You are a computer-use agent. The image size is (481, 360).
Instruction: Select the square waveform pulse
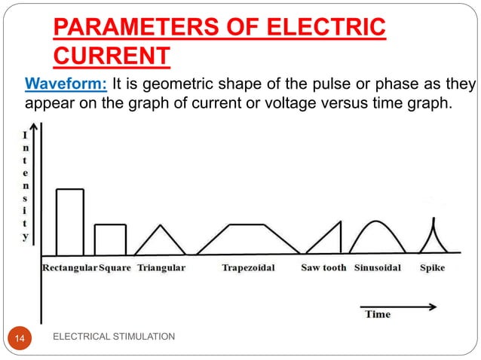pyautogui.click(x=110, y=239)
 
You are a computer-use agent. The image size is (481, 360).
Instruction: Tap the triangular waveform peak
pyautogui.click(x=160, y=226)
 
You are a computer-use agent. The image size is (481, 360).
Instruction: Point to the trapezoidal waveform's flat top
pyautogui.click(x=247, y=224)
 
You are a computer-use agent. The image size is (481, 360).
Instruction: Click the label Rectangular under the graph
pyautogui.click(x=69, y=267)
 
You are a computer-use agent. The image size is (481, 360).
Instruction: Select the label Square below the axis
pyautogui.click(x=115, y=267)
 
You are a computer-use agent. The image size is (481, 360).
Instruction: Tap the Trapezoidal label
pyautogui.click(x=248, y=267)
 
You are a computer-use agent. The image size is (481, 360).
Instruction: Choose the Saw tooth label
pyautogui.click(x=323, y=267)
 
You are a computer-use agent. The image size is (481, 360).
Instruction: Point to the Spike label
pyautogui.click(x=432, y=267)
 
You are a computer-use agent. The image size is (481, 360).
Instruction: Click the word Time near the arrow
pyautogui.click(x=378, y=314)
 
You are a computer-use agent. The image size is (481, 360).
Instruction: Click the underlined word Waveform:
pyautogui.click(x=66, y=83)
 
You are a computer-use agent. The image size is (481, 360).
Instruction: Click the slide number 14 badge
pyautogui.click(x=20, y=341)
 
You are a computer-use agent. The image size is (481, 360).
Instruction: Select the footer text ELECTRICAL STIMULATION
pyautogui.click(x=115, y=336)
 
